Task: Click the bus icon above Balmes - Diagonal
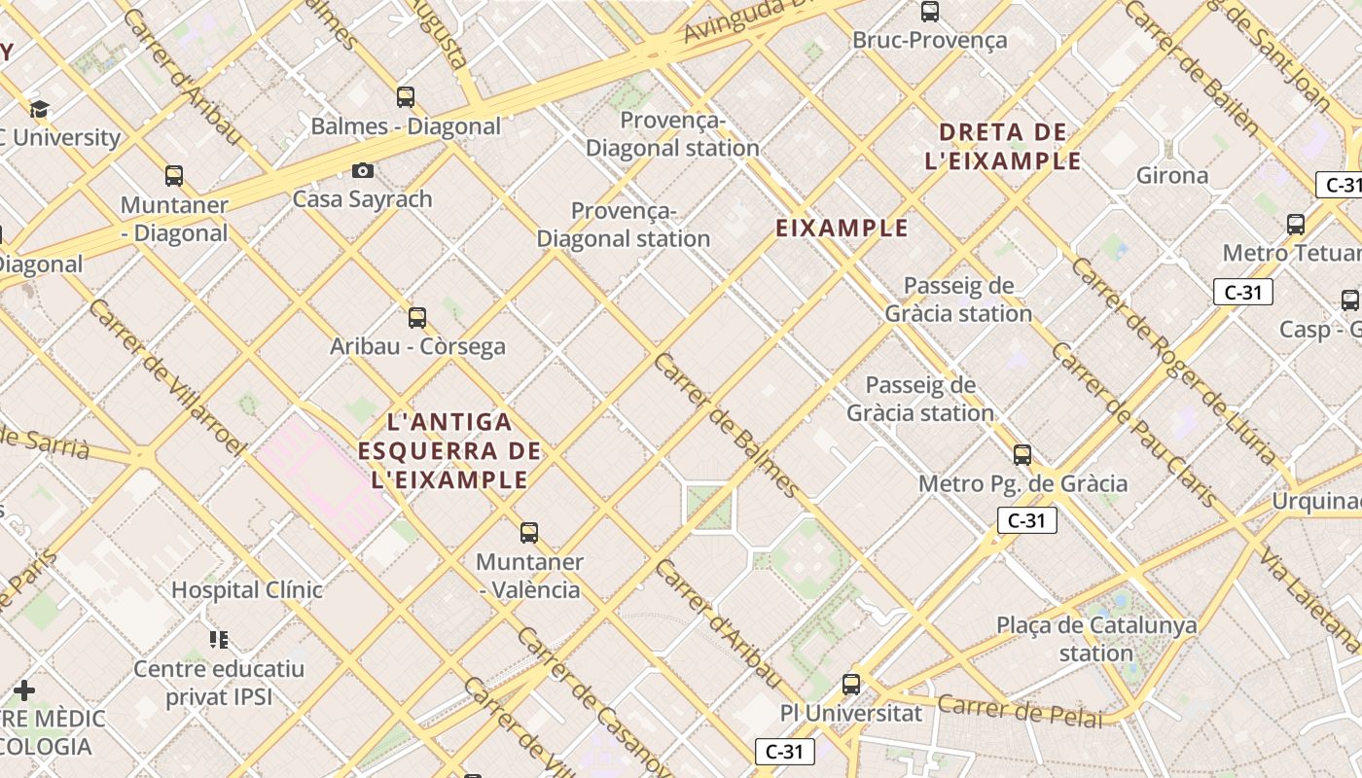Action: pos(406,97)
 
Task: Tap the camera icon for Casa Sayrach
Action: pos(363,171)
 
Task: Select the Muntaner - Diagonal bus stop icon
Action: pos(174,176)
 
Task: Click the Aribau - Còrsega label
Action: pos(417,346)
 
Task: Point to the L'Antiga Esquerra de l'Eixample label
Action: pos(449,450)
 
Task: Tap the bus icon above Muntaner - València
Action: pos(529,533)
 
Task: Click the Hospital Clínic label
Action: pos(247,589)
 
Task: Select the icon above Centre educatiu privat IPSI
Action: pos(219,639)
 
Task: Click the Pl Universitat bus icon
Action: pos(851,684)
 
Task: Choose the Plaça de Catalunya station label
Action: pos(1096,639)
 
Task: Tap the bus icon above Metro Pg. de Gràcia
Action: pos(1022,454)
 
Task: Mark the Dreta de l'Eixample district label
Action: pos(1003,146)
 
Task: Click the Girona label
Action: pos(1172,176)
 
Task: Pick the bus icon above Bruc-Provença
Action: pos(930,12)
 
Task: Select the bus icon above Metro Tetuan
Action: pos(1296,225)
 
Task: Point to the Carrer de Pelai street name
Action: pos(1021,712)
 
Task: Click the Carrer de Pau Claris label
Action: pos(1133,425)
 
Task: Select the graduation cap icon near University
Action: pos(39,109)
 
